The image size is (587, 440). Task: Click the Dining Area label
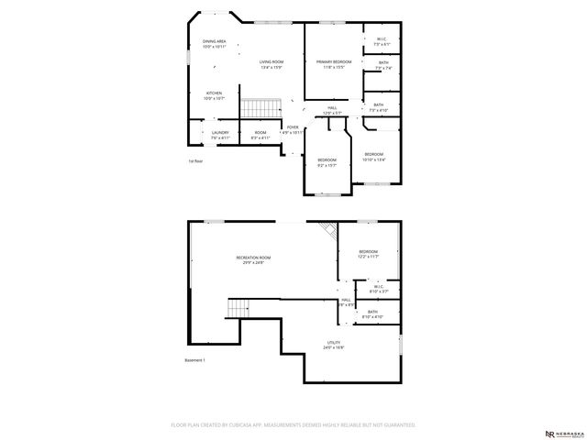(214, 42)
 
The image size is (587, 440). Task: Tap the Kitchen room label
(214, 95)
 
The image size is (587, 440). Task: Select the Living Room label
(270, 64)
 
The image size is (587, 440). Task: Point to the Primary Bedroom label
(334, 64)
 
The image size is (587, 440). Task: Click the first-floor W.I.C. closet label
(382, 41)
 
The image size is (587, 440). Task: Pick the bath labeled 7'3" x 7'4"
(383, 65)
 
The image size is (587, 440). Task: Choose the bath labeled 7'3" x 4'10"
(379, 107)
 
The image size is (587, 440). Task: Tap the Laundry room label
(219, 135)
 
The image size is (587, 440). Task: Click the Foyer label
(293, 129)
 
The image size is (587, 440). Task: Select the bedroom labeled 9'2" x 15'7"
(327, 162)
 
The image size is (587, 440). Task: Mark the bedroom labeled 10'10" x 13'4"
(373, 157)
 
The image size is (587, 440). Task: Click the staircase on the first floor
(259, 108)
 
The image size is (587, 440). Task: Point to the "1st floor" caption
(195, 161)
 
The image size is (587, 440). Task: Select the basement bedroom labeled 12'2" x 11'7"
(368, 254)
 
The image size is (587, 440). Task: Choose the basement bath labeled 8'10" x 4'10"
(372, 313)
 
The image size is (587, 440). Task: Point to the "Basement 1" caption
(194, 360)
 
